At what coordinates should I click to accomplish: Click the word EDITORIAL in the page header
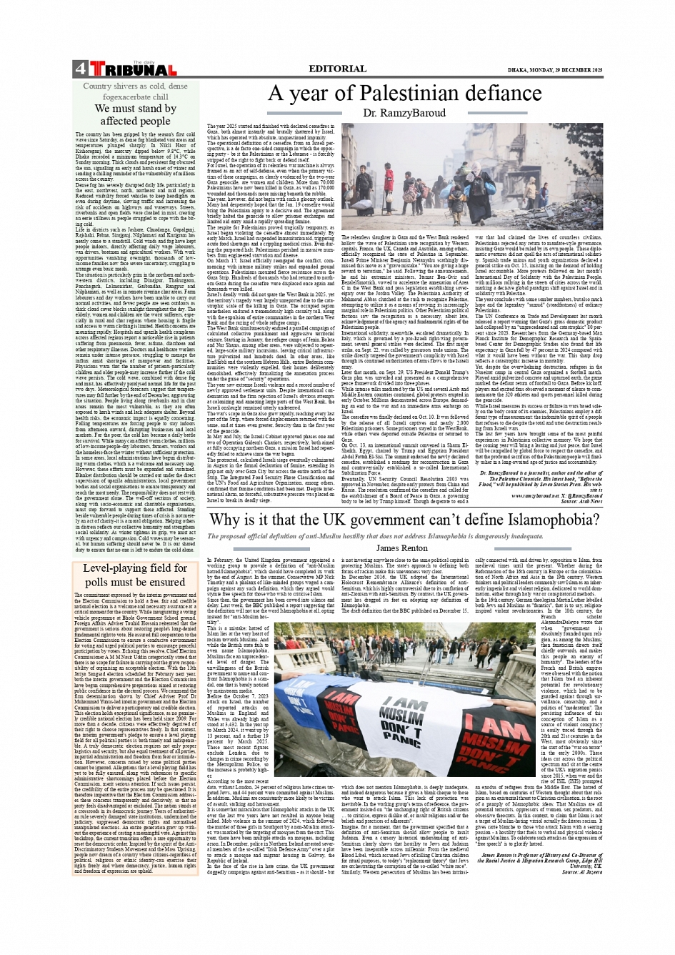(336, 69)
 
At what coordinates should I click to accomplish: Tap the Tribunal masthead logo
(132, 69)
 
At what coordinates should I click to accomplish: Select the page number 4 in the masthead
(79, 69)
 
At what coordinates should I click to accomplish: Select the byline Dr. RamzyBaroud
(401, 113)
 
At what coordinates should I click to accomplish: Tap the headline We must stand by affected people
(135, 114)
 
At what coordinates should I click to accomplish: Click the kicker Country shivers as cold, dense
(135, 86)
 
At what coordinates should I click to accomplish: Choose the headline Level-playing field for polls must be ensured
(135, 575)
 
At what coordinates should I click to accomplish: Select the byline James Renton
(401, 548)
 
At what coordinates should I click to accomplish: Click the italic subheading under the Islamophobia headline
(375, 536)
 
